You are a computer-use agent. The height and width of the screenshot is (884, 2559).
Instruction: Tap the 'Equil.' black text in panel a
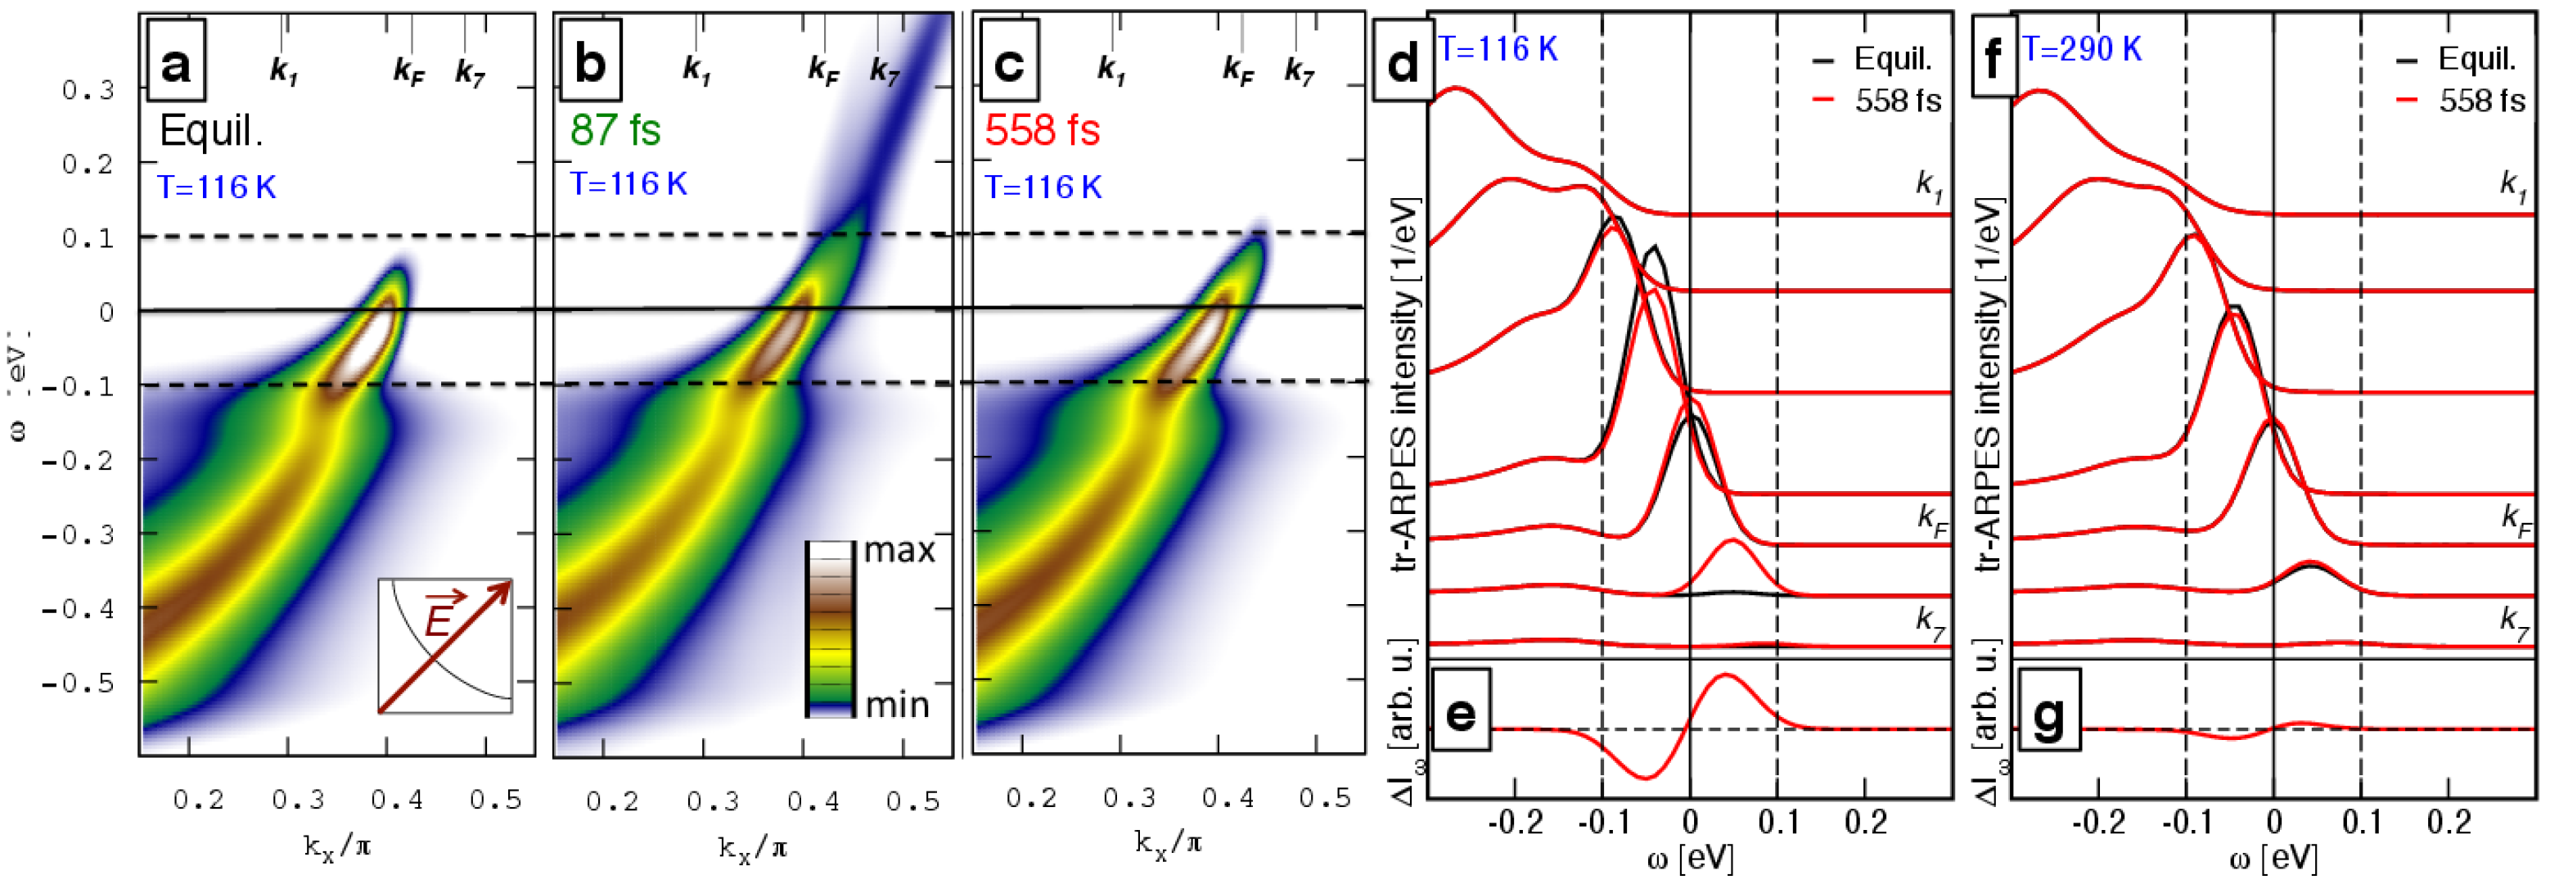click(x=210, y=132)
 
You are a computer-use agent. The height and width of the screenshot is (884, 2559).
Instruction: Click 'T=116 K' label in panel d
click(x=1498, y=50)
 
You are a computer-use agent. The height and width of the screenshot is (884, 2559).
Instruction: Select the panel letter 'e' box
click(x=1460, y=713)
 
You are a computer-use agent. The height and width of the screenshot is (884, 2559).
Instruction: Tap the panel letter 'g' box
click(x=2048, y=713)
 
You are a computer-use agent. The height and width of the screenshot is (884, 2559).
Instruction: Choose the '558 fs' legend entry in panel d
click(x=1896, y=101)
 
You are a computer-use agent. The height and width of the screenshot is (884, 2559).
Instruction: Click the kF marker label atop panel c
click(x=1238, y=70)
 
